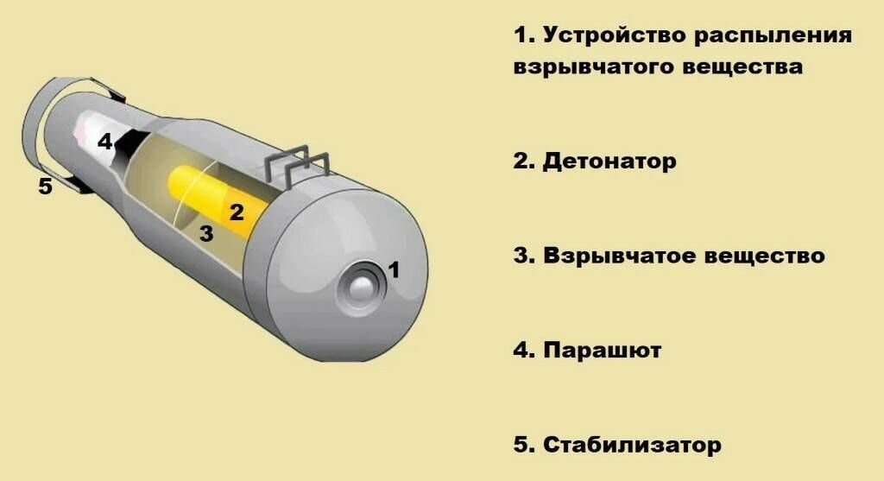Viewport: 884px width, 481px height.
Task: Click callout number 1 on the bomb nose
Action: [394, 269]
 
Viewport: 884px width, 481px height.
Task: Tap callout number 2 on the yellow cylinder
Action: [237, 210]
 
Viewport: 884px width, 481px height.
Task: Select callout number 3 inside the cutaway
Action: [206, 232]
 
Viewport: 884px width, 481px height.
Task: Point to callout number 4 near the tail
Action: [104, 142]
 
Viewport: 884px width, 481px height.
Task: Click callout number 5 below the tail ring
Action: [45, 186]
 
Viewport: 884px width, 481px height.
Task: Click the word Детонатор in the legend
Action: [609, 161]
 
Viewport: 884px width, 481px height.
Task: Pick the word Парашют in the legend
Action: [603, 351]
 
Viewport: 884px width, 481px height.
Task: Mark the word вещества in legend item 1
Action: [743, 67]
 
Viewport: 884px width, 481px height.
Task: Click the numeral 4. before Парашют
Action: [523, 351]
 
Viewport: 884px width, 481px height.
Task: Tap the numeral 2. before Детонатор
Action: [523, 161]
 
